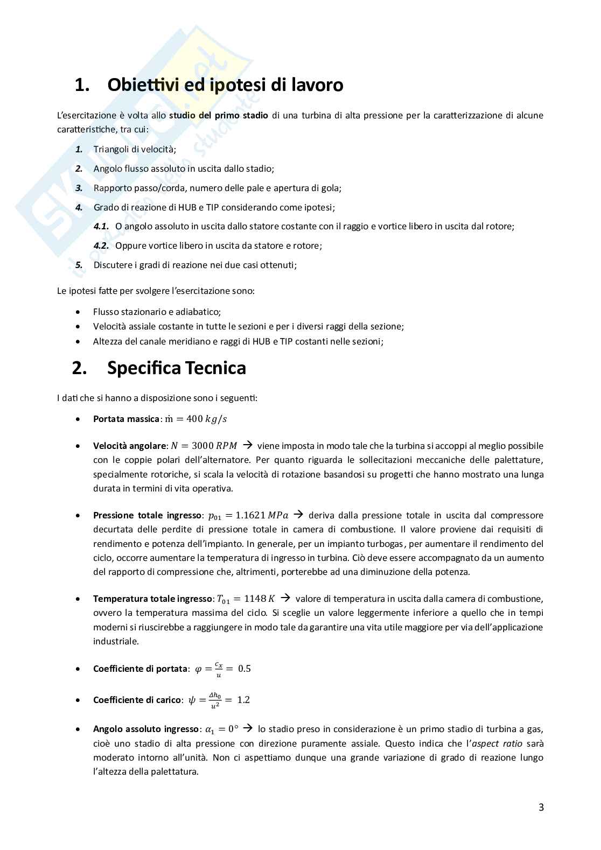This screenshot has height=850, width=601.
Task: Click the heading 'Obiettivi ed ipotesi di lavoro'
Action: (225, 85)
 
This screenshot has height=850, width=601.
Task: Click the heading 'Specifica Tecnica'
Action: (176, 368)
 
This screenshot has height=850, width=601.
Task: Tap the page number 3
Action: (541, 807)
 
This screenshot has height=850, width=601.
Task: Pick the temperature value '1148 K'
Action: (260, 599)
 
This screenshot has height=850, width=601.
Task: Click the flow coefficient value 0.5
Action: (244, 669)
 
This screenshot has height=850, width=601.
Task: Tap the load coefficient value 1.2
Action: (243, 700)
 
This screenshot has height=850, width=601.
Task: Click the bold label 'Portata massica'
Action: (126, 419)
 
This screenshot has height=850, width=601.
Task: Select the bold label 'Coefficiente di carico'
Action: (137, 700)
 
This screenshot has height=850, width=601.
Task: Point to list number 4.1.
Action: (101, 227)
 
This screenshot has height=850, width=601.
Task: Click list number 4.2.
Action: (101, 246)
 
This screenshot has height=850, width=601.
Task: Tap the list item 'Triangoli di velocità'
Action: (135, 150)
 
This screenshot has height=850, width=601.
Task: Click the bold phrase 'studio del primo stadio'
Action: (219, 115)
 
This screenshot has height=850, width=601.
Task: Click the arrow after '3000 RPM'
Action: (248, 445)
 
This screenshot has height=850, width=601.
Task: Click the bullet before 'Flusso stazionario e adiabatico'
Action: (80, 312)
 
